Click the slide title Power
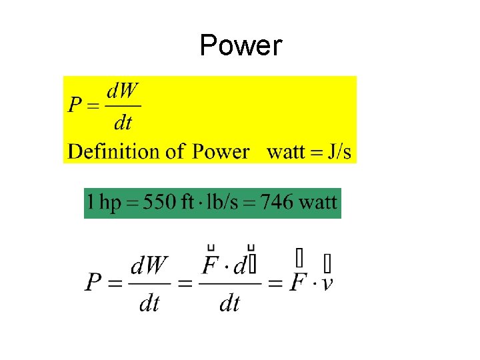click(x=241, y=46)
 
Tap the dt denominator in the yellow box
click(x=123, y=122)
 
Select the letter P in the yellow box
click(x=75, y=106)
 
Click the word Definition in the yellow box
click(x=109, y=151)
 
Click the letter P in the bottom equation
click(x=94, y=283)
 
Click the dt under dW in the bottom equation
click(x=149, y=303)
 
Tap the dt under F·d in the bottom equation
click(x=229, y=303)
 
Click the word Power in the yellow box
click(x=221, y=151)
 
